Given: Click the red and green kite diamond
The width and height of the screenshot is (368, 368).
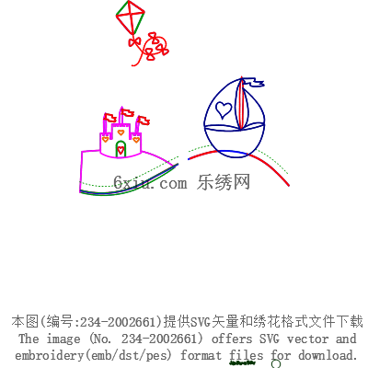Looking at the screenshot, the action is click(131, 17).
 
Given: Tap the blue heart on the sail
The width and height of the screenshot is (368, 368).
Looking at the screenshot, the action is click(224, 109).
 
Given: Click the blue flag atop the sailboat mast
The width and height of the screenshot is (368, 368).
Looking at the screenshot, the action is click(254, 83).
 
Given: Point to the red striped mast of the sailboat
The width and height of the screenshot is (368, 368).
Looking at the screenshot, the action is click(241, 104).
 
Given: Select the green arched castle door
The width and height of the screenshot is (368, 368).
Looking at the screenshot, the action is click(121, 149).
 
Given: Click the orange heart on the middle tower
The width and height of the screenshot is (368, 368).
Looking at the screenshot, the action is click(121, 132).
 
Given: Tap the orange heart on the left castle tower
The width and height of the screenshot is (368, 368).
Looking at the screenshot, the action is click(106, 140).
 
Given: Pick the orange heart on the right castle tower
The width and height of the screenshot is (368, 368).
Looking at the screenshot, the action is click(136, 140).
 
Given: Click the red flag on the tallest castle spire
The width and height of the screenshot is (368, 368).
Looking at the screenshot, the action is click(127, 112).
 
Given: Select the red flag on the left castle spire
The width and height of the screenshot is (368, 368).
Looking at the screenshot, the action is click(109, 118).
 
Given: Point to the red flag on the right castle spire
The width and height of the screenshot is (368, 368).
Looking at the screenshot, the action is click(143, 121).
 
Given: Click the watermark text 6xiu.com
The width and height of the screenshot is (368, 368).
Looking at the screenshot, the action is click(150, 183).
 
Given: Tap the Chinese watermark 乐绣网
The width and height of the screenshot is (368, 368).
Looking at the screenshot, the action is click(224, 182).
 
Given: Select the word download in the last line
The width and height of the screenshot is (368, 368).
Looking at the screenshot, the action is click(328, 355).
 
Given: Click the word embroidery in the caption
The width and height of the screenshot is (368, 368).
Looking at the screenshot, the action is click(50, 356).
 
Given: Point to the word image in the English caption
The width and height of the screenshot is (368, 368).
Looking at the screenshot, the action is click(63, 339).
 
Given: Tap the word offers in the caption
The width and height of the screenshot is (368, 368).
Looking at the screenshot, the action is click(232, 339).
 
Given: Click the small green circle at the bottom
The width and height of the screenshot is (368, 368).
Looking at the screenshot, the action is click(276, 363).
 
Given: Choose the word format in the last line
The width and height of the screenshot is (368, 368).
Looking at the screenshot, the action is click(201, 355).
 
